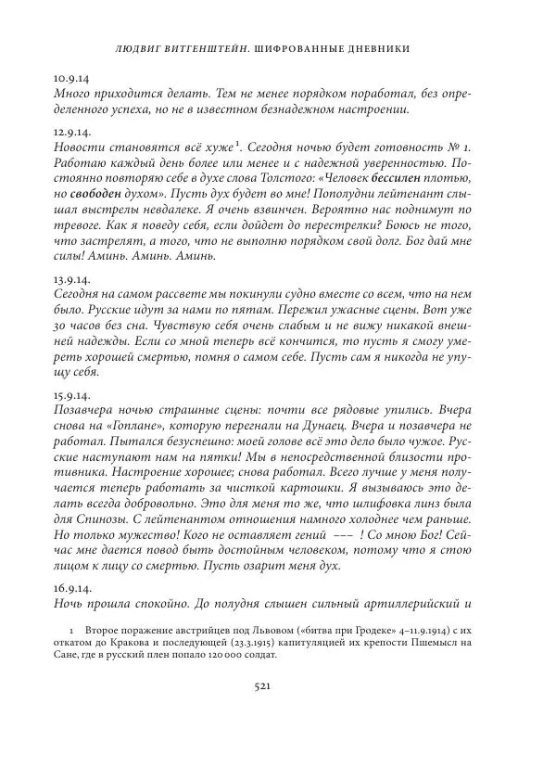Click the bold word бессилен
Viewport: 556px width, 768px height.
(x=448, y=179)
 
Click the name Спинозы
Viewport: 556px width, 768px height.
(x=113, y=518)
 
